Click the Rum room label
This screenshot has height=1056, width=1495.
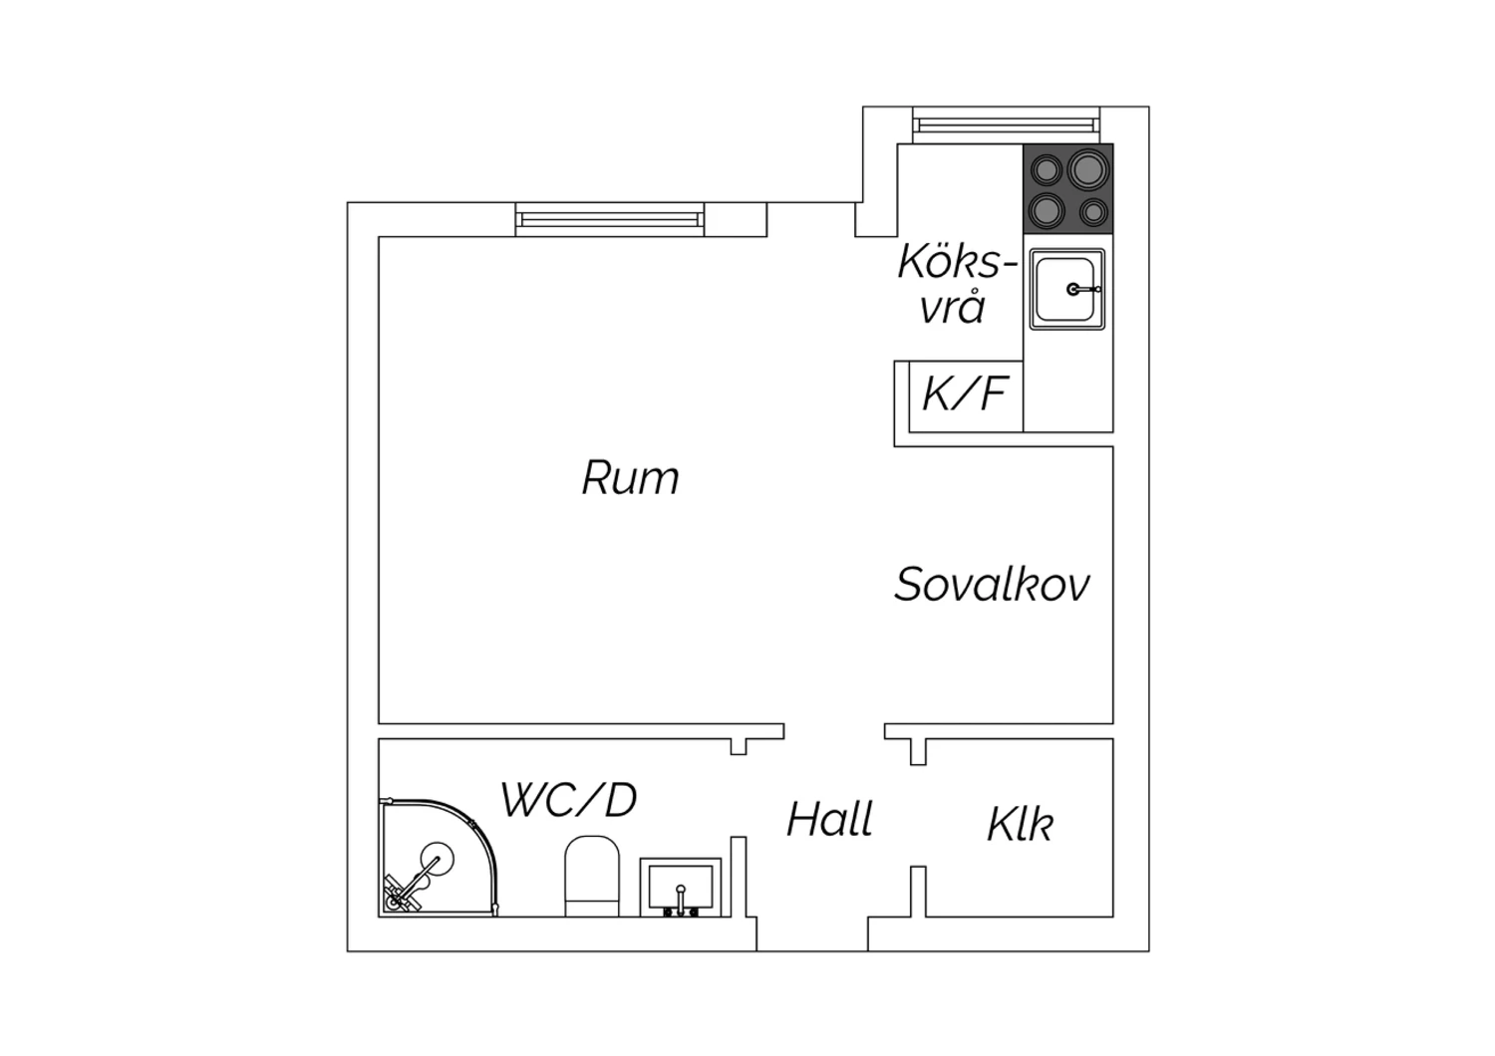tap(630, 477)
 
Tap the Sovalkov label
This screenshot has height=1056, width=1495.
tap(992, 585)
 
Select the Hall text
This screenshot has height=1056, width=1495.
tap(829, 819)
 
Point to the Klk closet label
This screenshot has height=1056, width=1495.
tap(1020, 825)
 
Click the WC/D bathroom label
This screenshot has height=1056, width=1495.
tap(569, 800)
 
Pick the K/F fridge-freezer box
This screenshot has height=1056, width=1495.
tap(966, 396)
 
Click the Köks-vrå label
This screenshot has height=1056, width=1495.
tap(957, 284)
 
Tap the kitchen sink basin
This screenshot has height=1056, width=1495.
tap(1066, 289)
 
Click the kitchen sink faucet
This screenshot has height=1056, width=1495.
tap(1082, 290)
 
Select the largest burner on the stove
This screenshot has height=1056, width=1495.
tap(1088, 169)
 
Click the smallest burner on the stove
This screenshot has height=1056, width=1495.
tap(1093, 213)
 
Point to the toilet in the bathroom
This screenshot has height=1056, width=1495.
tap(592, 876)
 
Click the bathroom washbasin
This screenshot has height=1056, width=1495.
tap(681, 888)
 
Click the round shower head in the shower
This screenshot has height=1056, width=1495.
tap(437, 859)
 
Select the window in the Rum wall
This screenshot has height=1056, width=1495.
tap(610, 219)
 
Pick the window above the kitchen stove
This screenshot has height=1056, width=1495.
tap(1006, 125)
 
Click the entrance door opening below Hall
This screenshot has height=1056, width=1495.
tap(812, 933)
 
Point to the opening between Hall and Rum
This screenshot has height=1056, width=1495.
tap(834, 731)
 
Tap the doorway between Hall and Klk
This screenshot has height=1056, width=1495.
tap(918, 815)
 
